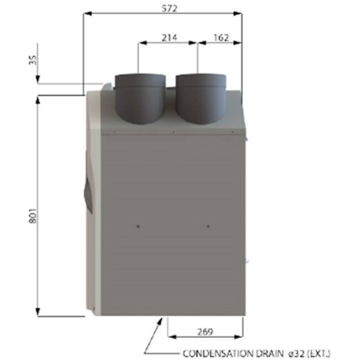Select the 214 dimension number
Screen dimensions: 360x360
168,37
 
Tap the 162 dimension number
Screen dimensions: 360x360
220,37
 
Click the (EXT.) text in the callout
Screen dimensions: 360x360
321,352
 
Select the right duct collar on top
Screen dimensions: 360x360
200,100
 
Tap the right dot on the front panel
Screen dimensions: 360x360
208,225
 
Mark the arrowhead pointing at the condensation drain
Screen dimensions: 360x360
162,320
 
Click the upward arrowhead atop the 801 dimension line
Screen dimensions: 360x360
38,99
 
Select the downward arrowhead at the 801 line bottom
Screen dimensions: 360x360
38,312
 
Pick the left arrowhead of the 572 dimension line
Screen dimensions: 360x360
86,13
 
